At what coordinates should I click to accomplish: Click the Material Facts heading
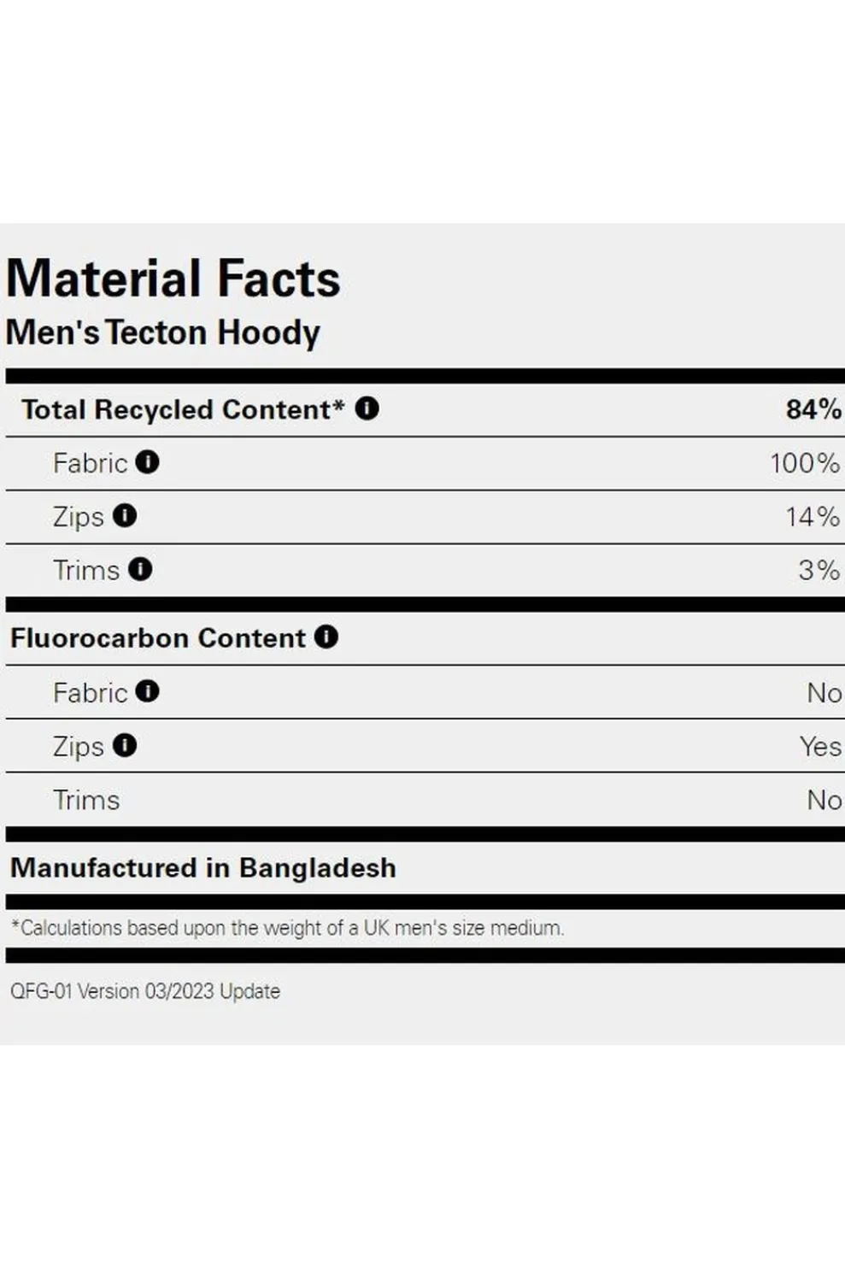pyautogui.click(x=173, y=279)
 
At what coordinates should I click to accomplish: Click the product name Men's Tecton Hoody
pyautogui.click(x=163, y=332)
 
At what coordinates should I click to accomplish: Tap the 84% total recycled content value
pyautogui.click(x=813, y=409)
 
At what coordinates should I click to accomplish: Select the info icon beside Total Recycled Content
pyautogui.click(x=367, y=408)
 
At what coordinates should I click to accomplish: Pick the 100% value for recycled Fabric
pyautogui.click(x=804, y=463)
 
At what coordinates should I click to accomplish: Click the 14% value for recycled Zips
pyautogui.click(x=812, y=517)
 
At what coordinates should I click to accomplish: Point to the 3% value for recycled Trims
pyautogui.click(x=819, y=570)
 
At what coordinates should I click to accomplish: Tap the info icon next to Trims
pyautogui.click(x=140, y=569)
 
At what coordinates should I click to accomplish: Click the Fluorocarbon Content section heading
pyautogui.click(x=158, y=638)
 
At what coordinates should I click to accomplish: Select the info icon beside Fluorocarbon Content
pyautogui.click(x=326, y=637)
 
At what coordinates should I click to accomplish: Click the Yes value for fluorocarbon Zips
pyautogui.click(x=820, y=747)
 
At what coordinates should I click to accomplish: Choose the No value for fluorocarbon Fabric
pyautogui.click(x=824, y=693)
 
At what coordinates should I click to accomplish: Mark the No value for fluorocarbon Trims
pyautogui.click(x=824, y=801)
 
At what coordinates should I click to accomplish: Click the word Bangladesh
pyautogui.click(x=318, y=868)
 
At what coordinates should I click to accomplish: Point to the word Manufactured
pyautogui.click(x=103, y=868)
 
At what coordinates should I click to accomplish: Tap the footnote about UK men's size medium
pyautogui.click(x=288, y=928)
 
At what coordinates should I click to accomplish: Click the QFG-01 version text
pyautogui.click(x=145, y=991)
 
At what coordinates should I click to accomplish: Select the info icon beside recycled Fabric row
pyautogui.click(x=147, y=462)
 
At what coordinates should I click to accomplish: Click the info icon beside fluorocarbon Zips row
pyautogui.click(x=125, y=746)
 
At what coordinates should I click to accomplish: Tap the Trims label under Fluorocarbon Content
pyautogui.click(x=86, y=801)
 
